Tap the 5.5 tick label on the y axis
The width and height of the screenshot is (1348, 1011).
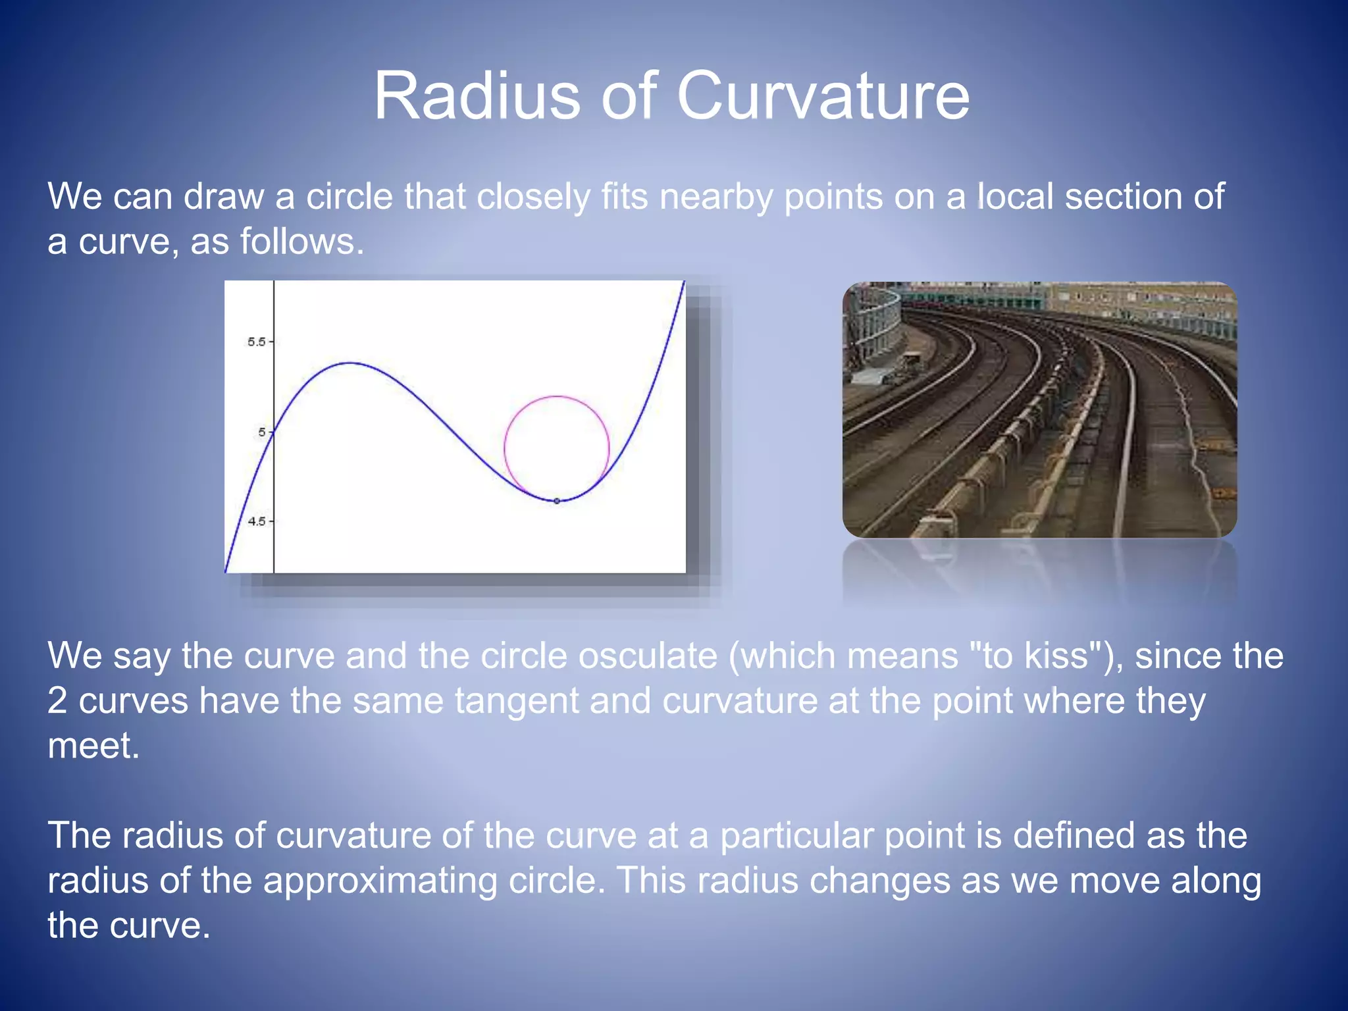[256, 342]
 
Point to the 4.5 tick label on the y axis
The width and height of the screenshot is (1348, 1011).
[256, 521]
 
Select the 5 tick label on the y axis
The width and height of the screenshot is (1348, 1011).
[262, 432]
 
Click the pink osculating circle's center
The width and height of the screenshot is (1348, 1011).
[557, 449]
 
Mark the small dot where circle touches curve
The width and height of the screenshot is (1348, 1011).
[557, 501]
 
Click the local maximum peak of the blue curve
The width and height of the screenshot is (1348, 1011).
[352, 363]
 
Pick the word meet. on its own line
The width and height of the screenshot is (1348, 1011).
[93, 746]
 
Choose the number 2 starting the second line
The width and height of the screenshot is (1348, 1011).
[57, 701]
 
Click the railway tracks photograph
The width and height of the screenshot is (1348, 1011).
[1039, 409]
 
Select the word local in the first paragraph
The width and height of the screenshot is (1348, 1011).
[1014, 197]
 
